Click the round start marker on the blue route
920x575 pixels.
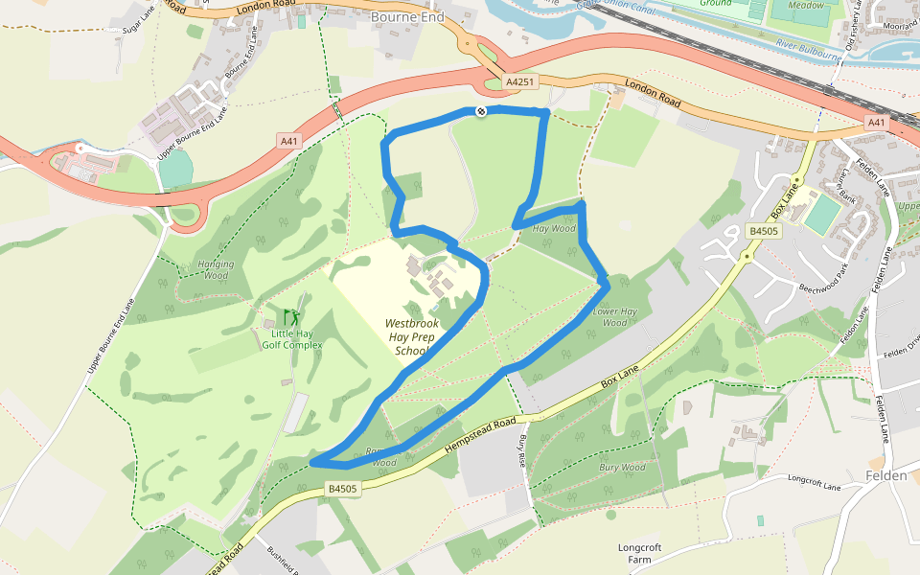click(x=481, y=112)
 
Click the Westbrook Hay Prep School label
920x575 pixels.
click(x=412, y=337)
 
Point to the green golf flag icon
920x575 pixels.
click(x=290, y=315)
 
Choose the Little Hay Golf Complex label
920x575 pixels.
click(x=290, y=338)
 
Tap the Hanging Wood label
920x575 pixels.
click(x=215, y=269)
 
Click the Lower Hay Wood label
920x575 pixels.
click(x=615, y=317)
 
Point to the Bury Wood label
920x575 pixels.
click(x=622, y=468)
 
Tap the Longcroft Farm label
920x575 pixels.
click(x=639, y=553)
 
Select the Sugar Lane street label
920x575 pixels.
click(x=138, y=22)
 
